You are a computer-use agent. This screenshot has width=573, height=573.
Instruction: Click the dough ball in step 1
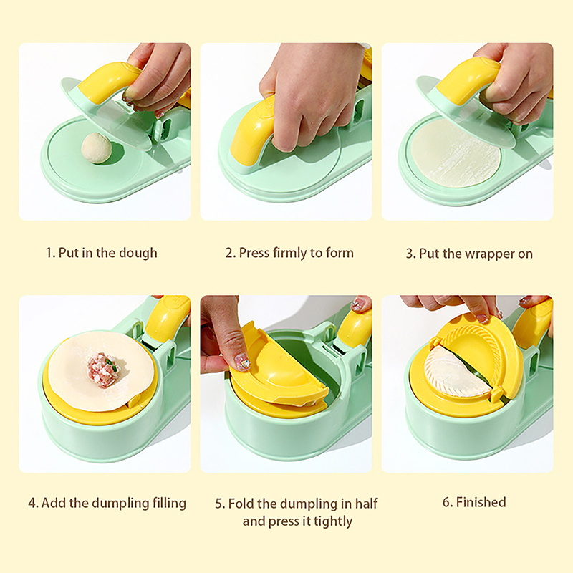(x=97, y=148)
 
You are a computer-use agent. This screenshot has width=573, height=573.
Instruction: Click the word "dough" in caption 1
(x=138, y=254)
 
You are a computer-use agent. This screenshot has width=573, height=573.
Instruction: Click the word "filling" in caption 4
(x=168, y=504)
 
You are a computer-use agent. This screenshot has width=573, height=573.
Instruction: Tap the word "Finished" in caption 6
(x=481, y=503)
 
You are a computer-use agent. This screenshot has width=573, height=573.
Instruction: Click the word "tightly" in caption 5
(x=333, y=521)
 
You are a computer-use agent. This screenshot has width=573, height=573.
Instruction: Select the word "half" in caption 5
(x=367, y=504)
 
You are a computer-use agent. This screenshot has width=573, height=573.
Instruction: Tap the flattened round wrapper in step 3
(x=456, y=153)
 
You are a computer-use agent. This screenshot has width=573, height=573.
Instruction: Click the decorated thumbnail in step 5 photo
(x=242, y=363)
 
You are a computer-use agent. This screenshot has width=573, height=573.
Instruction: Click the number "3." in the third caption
(x=411, y=254)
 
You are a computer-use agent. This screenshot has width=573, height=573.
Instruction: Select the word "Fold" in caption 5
(x=241, y=504)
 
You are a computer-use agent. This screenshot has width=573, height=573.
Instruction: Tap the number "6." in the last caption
(x=448, y=503)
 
